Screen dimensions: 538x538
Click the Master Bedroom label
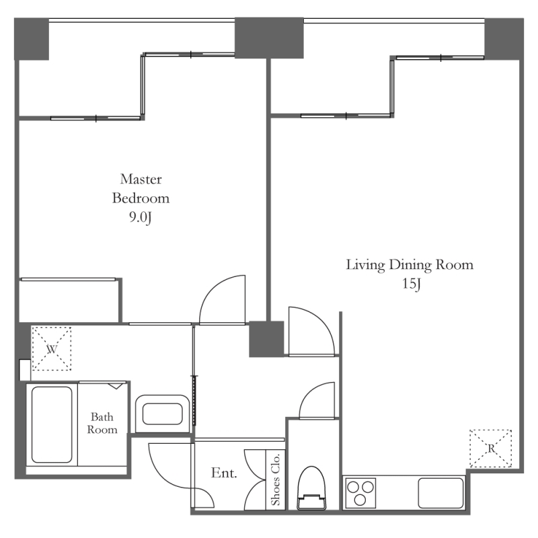click(141, 188)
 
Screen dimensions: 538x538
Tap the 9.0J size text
click(141, 217)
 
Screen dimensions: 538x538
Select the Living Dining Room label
click(410, 265)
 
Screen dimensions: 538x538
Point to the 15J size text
click(412, 284)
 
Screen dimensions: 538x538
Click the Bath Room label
click(102, 423)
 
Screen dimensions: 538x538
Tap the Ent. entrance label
click(224, 473)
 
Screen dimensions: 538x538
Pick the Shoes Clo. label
click(276, 479)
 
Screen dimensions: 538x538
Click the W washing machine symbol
click(52, 348)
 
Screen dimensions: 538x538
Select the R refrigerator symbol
click(491, 448)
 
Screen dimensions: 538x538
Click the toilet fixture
click(311, 488)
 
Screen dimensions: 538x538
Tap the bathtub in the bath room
click(52, 424)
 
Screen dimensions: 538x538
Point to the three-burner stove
click(360, 493)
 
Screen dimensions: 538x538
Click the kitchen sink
click(441, 493)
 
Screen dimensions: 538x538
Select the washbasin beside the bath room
click(163, 414)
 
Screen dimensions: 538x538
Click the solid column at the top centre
click(269, 38)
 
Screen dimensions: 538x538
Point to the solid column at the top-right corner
click(504, 39)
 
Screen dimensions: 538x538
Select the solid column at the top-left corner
click(32, 39)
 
